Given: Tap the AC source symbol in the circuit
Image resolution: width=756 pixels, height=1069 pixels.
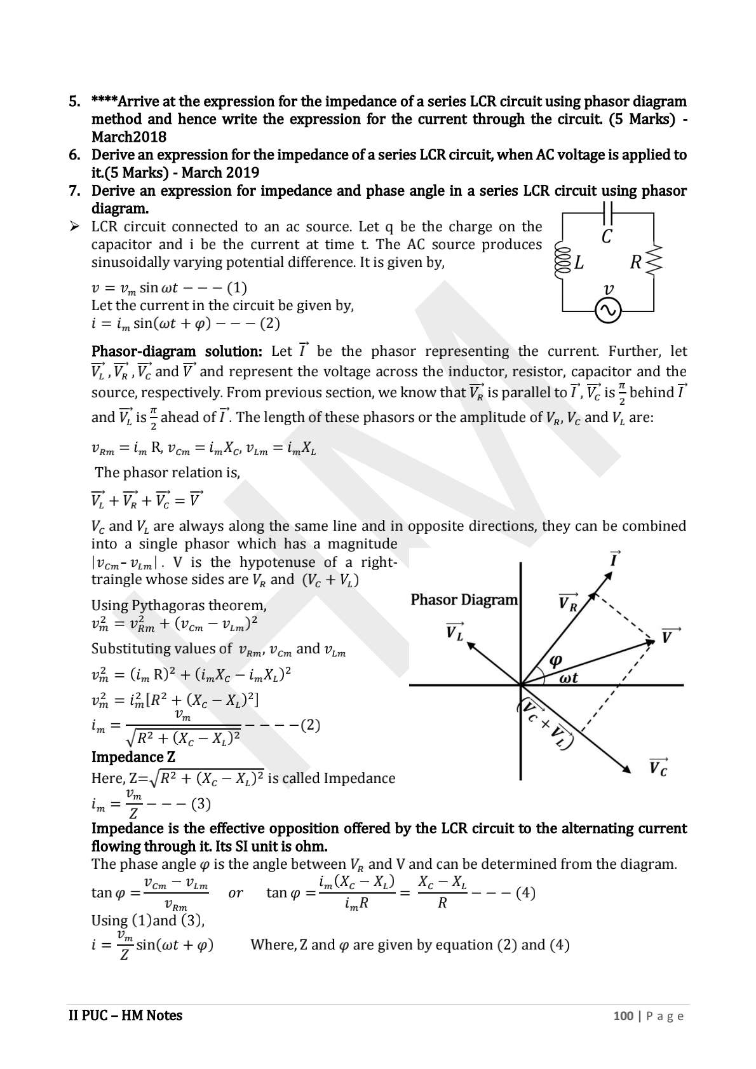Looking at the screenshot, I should [607, 311].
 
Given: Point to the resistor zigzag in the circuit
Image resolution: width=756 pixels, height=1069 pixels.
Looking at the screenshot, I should [654, 261].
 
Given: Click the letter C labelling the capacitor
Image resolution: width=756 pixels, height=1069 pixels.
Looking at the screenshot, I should [607, 237].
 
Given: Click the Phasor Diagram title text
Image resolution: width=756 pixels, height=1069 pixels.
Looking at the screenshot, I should [464, 600].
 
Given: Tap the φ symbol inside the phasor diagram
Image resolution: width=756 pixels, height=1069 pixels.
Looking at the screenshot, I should [555, 661].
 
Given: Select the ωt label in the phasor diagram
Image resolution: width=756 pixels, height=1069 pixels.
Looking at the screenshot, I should [568, 678].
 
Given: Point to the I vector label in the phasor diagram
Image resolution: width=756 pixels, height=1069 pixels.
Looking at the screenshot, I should [614, 559].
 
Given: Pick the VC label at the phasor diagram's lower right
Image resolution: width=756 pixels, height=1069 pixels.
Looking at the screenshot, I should [658, 767].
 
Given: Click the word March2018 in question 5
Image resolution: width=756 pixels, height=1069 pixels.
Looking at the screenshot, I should [129, 137].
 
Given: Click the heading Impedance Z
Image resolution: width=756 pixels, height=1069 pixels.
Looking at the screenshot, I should [133, 757].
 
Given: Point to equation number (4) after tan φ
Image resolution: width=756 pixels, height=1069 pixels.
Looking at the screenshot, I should [525, 893].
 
